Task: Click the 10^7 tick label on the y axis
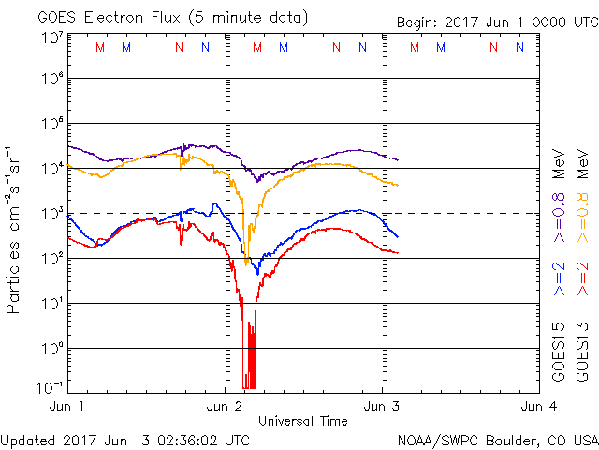click(52, 37)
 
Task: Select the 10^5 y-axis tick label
click(52, 124)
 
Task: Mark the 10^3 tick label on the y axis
click(52, 214)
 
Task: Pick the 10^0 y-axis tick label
click(52, 348)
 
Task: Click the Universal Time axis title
click(303, 421)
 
